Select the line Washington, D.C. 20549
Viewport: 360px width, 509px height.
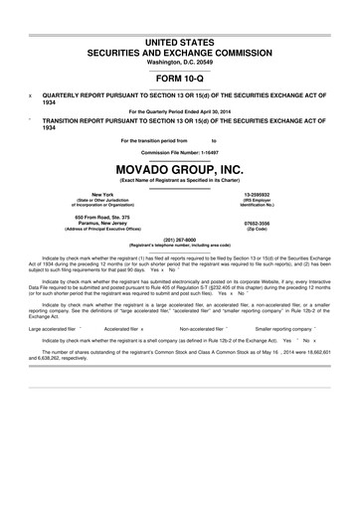tap(180, 62)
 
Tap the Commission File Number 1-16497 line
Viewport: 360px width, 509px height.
tap(180, 151)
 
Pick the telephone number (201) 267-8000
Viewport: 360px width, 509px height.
tap(180, 239)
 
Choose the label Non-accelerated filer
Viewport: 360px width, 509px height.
tap(205, 327)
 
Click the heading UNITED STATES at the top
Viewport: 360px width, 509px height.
tap(180, 42)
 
